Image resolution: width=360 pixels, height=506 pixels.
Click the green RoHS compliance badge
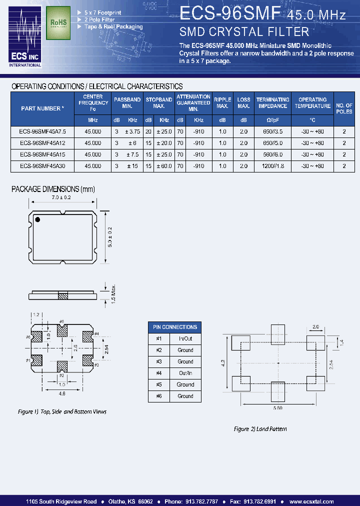tap(58, 23)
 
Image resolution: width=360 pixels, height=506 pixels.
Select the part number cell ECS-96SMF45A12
tap(42, 142)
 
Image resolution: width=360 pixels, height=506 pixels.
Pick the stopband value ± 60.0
tap(164, 166)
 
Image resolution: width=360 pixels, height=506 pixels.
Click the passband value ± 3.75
tap(132, 131)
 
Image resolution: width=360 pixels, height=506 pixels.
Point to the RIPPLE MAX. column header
tap(222, 102)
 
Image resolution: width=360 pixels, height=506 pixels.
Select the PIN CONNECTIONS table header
tap(174, 327)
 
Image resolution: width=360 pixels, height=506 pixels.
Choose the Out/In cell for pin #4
tap(185, 373)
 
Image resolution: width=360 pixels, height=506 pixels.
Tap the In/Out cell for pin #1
tap(185, 338)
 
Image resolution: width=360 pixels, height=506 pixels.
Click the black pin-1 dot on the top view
tap(37, 219)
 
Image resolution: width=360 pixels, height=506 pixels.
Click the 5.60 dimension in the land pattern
tap(278, 408)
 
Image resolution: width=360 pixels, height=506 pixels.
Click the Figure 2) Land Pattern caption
tap(260, 429)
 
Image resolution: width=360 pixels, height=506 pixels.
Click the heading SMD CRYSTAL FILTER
tap(244, 32)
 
